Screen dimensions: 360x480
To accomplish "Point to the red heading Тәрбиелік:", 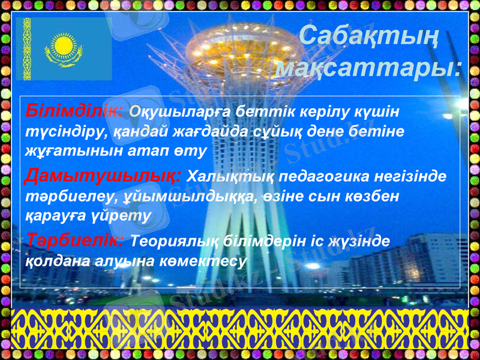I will (76, 240).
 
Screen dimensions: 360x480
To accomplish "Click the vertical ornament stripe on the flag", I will (27, 49).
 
